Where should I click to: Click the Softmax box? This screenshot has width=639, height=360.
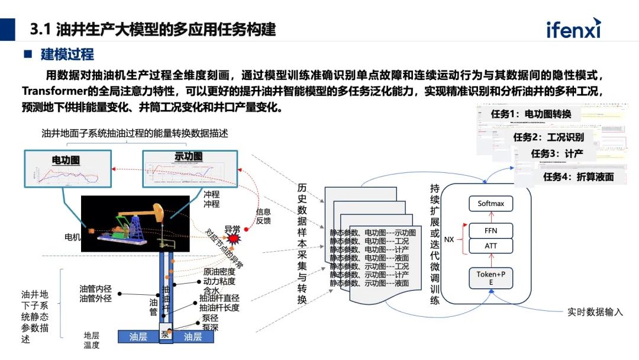pyautogui.click(x=490, y=204)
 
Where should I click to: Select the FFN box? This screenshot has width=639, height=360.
pyautogui.click(x=490, y=231)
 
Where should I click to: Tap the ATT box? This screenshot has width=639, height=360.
pyautogui.click(x=490, y=246)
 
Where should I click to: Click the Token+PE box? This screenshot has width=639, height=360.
pyautogui.click(x=490, y=278)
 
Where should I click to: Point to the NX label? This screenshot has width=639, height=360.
pyautogui.click(x=450, y=240)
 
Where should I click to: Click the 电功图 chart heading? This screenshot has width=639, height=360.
pyautogui.click(x=66, y=160)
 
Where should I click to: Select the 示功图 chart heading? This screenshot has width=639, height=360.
pyautogui.click(x=188, y=157)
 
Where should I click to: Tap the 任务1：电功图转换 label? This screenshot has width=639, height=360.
pyautogui.click(x=531, y=114)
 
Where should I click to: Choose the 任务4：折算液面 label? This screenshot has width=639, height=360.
pyautogui.click(x=578, y=176)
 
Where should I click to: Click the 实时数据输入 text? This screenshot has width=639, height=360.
pyautogui.click(x=595, y=312)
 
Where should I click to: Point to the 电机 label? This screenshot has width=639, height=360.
pyautogui.click(x=72, y=237)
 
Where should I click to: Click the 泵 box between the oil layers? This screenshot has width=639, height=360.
pyautogui.click(x=165, y=336)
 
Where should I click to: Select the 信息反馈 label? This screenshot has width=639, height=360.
pyautogui.click(x=263, y=216)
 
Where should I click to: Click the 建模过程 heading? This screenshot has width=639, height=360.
pyautogui.click(x=67, y=54)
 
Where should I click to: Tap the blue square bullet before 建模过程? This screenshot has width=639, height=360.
pyautogui.click(x=27, y=54)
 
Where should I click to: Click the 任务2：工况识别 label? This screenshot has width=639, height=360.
pyautogui.click(x=548, y=137)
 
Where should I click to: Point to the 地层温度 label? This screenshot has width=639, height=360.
pyautogui.click(x=91, y=340)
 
